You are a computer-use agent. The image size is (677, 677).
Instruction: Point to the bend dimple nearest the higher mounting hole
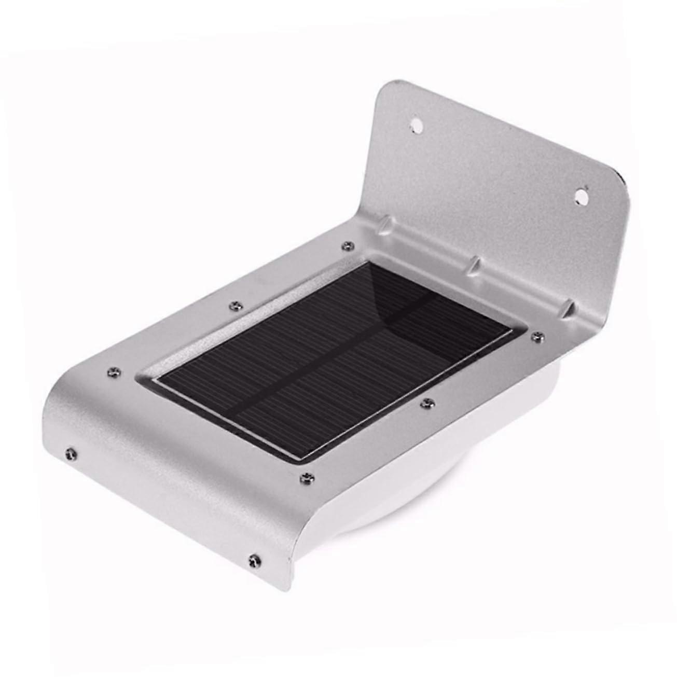384,224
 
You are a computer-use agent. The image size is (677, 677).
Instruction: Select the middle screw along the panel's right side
426,403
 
